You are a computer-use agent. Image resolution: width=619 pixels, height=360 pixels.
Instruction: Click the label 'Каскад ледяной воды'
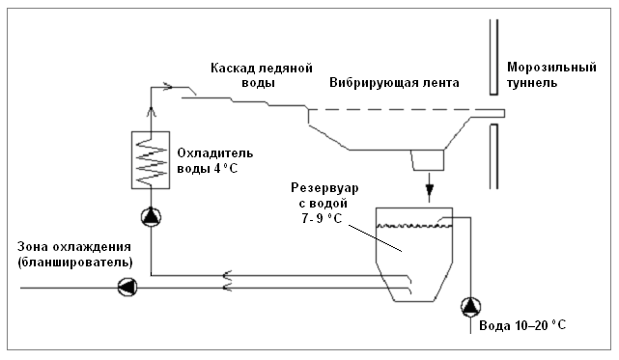[x=262, y=75]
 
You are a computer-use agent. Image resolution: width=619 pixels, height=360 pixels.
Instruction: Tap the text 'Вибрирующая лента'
[x=394, y=83]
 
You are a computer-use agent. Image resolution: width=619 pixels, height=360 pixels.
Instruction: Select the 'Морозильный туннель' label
[x=551, y=75]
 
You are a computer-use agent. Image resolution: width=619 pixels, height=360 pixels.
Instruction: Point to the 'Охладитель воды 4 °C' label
[x=214, y=160]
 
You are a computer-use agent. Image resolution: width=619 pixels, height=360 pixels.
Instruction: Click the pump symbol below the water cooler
[x=151, y=217]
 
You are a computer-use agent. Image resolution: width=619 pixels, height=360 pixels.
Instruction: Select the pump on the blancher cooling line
[x=127, y=287]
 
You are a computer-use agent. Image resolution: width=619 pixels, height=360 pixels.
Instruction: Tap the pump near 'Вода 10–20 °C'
[x=470, y=307]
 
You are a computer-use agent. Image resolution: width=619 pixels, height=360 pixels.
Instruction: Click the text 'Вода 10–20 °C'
[x=522, y=325]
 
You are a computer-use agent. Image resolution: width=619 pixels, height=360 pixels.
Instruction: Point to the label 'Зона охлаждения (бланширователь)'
[x=75, y=254]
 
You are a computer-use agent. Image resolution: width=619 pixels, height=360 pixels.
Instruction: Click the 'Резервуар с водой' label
[x=324, y=195]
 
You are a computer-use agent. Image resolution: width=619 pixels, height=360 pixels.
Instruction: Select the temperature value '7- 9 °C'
[x=322, y=218]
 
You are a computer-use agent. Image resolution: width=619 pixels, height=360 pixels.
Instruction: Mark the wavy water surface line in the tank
[x=414, y=226]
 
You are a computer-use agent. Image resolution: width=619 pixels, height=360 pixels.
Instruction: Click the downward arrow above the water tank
[x=429, y=187]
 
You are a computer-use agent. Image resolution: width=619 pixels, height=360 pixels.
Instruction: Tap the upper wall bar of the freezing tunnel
[x=493, y=57]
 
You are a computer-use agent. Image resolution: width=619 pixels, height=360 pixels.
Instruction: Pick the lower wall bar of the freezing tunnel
[x=493, y=156]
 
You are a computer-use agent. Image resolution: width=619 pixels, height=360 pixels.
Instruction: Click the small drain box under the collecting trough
[x=428, y=160]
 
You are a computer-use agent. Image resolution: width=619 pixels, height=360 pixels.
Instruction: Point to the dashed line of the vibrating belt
[x=407, y=109]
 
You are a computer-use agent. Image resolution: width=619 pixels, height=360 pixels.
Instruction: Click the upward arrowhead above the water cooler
[x=151, y=111]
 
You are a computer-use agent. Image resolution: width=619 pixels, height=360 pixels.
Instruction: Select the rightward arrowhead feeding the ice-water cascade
[x=168, y=87]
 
